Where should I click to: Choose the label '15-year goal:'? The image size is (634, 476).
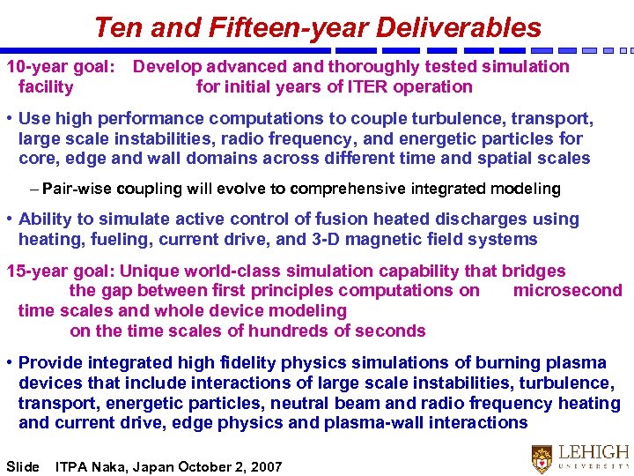pyautogui.click(x=61, y=271)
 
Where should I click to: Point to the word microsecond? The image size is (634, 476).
pyautogui.click(x=567, y=291)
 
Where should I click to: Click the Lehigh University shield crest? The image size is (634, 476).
pyautogui.click(x=542, y=457)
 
